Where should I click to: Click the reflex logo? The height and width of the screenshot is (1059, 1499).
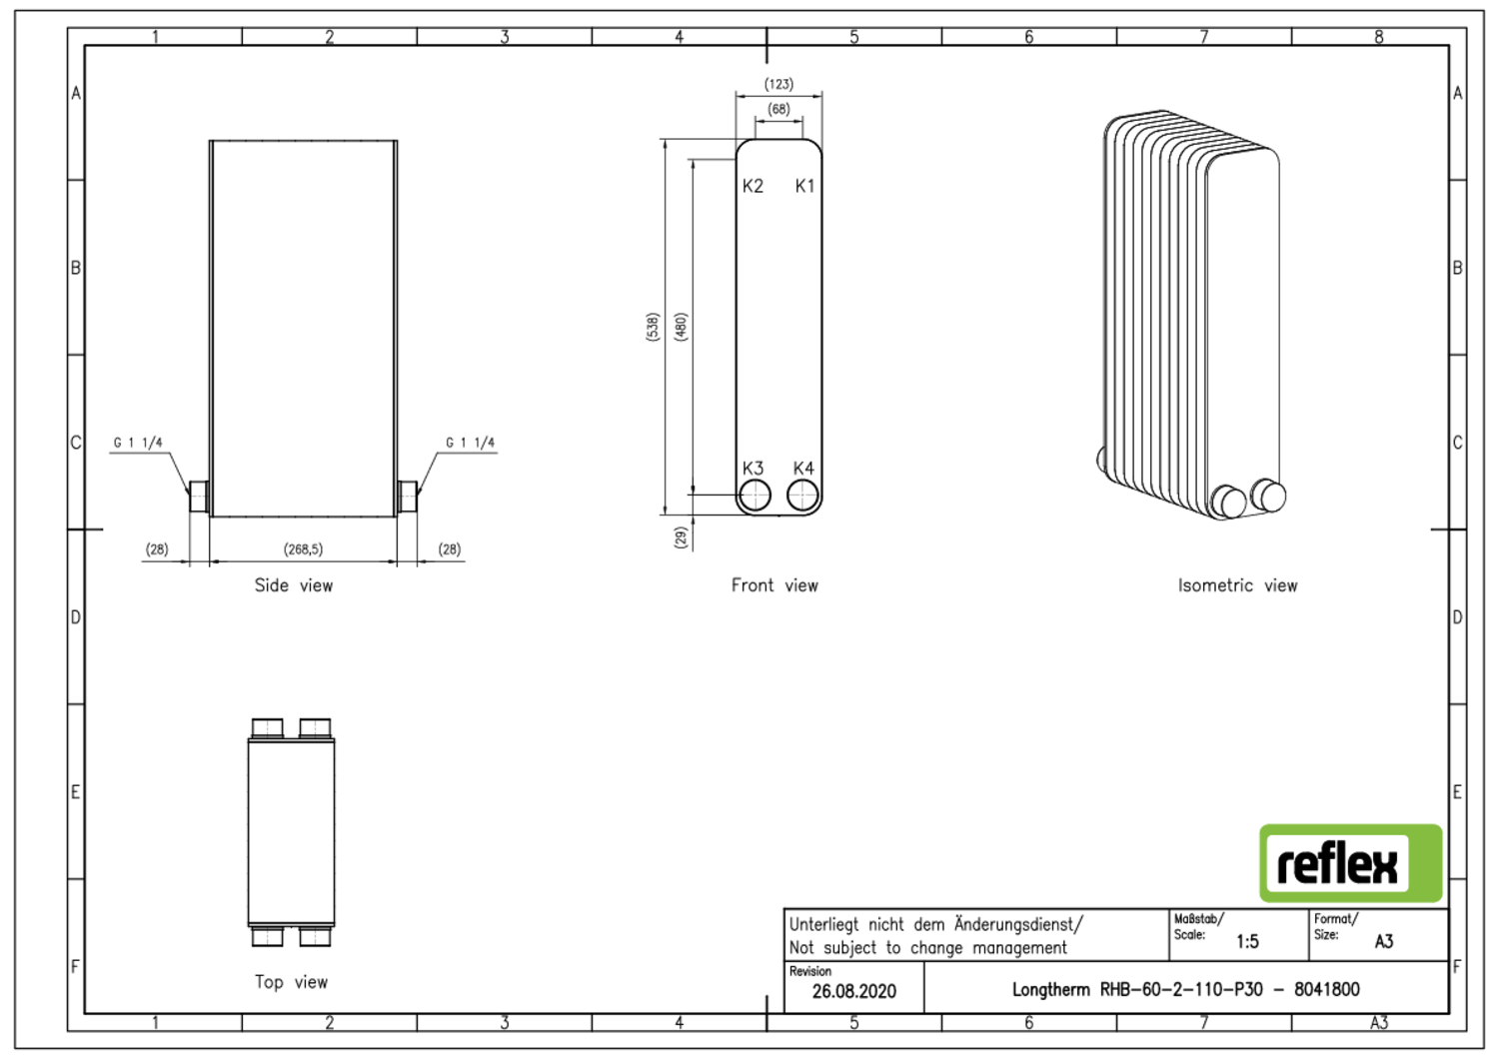click(1350, 863)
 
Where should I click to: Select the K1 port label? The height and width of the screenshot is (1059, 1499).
click(804, 186)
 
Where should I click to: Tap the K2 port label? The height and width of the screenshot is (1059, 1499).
click(752, 186)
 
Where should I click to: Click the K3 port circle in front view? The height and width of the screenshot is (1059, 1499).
click(754, 495)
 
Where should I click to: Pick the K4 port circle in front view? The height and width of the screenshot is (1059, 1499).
click(802, 495)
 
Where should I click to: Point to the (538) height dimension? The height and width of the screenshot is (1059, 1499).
click(653, 327)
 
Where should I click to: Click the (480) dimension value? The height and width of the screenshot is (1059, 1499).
click(681, 327)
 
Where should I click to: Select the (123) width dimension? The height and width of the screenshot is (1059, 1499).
click(778, 84)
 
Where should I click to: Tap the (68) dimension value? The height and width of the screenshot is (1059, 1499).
click(778, 109)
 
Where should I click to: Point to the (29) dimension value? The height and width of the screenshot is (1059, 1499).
click(681, 536)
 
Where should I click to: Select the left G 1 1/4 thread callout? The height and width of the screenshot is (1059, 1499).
click(138, 443)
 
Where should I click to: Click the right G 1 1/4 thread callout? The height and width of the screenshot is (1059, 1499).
click(470, 443)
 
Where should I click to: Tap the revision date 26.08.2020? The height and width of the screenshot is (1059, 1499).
click(853, 991)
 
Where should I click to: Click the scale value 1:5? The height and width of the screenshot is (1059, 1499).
click(1247, 941)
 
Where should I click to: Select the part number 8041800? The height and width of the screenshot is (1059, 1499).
click(1326, 989)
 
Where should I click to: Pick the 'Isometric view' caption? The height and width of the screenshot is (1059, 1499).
click(1237, 585)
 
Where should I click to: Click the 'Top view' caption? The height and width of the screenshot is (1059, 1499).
click(291, 982)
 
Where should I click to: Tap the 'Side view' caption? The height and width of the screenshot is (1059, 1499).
click(293, 585)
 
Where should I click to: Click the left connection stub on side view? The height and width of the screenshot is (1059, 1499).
click(199, 496)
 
